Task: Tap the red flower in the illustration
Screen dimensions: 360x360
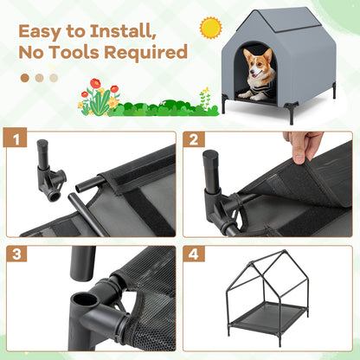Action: click(x=95, y=84)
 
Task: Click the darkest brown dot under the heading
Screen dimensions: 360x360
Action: click(x=24, y=77)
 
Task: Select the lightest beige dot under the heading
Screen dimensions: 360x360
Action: click(x=54, y=77)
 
